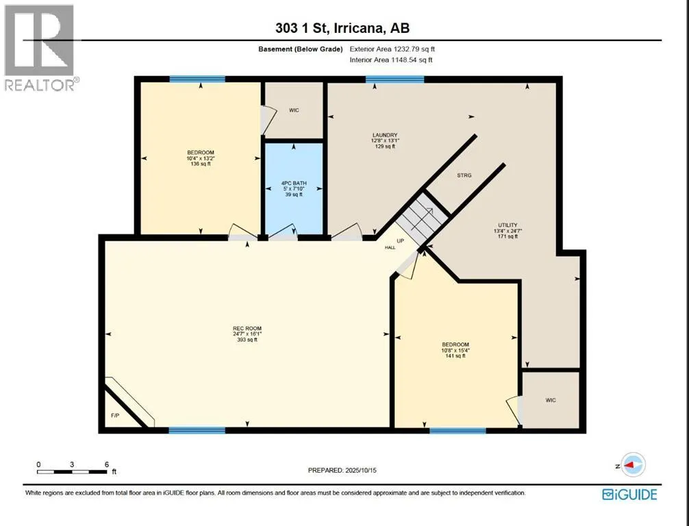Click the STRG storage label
[x=464, y=175]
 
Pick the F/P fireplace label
[x=114, y=415]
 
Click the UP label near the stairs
[x=400, y=241]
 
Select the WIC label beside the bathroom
[x=294, y=110]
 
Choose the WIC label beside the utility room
[x=551, y=401]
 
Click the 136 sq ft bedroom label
[x=201, y=158]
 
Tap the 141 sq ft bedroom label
[x=455, y=350]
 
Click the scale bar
[x=72, y=472]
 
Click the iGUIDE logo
[x=629, y=494]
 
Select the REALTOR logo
[x=40, y=47]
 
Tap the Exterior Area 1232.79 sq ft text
[x=392, y=49]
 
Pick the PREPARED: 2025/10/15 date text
[x=342, y=471]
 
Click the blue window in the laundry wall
[x=395, y=79]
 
